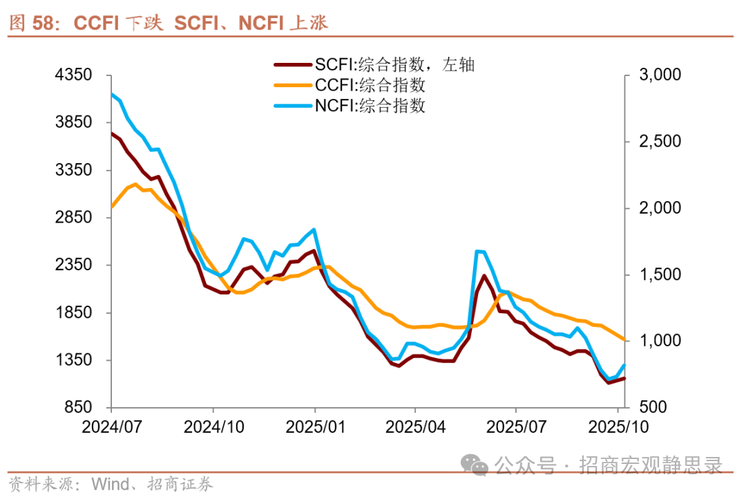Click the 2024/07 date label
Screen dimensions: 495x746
[x=112, y=427]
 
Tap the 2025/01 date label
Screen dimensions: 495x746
[x=315, y=427]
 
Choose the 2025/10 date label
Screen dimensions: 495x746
[x=618, y=427]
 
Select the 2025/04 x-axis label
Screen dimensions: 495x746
[x=414, y=427]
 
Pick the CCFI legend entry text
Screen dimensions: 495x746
[x=370, y=86]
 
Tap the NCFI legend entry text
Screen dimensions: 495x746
[x=370, y=106]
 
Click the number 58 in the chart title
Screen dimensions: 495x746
[x=44, y=24]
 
